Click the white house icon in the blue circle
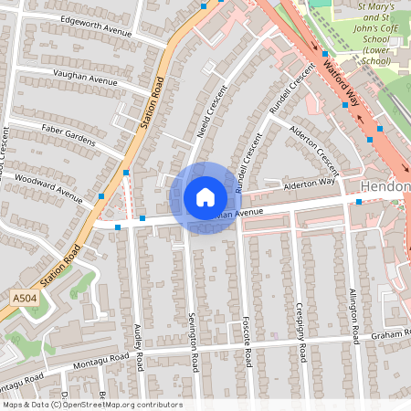click(205, 197)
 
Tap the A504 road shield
click(25, 298)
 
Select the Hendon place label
click(385, 187)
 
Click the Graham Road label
click(391, 335)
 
